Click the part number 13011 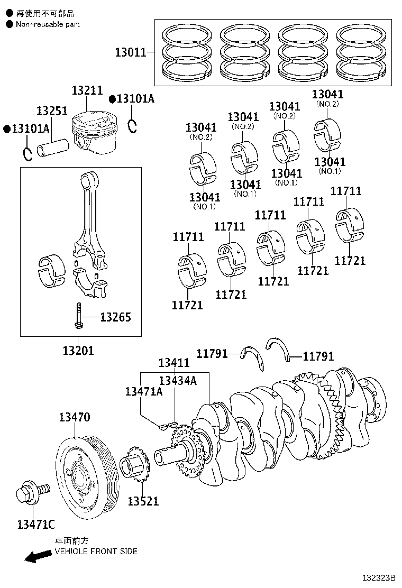click(x=131, y=52)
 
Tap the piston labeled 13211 click(x=93, y=133)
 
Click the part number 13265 click(x=115, y=317)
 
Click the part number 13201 click(x=78, y=350)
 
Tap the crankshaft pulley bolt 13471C click(x=31, y=492)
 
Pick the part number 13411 click(x=174, y=363)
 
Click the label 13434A click(x=177, y=380)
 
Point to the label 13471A click(x=143, y=391)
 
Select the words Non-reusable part click(x=48, y=24)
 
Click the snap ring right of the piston click(x=133, y=126)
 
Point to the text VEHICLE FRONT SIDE click(x=96, y=551)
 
